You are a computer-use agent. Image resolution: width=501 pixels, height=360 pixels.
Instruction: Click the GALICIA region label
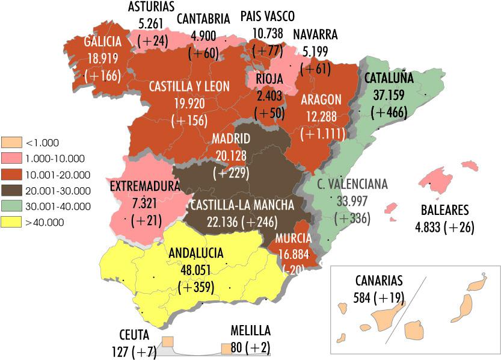103,42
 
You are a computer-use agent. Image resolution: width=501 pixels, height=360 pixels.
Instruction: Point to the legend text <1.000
41,143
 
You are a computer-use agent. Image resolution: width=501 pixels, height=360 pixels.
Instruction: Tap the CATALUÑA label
389,78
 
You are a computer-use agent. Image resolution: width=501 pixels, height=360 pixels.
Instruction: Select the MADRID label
231,140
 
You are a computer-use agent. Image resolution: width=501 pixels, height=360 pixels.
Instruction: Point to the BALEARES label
445,211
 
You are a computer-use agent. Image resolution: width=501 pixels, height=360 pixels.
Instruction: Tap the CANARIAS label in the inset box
380,281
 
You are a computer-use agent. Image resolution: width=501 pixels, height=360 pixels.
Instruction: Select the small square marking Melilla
226,348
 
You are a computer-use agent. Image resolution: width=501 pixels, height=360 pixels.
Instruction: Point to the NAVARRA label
315,34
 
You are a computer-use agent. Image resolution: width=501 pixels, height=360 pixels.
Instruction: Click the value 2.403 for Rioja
269,96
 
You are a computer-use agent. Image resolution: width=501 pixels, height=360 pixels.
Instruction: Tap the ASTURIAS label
151,7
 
